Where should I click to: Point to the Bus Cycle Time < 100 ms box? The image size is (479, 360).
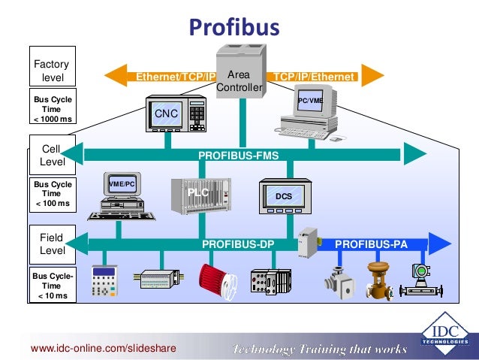coord(52,193)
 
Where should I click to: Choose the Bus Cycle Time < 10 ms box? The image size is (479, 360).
coord(52,286)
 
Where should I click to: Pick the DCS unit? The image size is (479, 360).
coord(284,197)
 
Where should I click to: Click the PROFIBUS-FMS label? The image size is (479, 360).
coord(238,156)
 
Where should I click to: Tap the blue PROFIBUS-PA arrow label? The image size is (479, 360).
coord(368,244)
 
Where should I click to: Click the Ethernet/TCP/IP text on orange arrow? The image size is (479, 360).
coord(174,77)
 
